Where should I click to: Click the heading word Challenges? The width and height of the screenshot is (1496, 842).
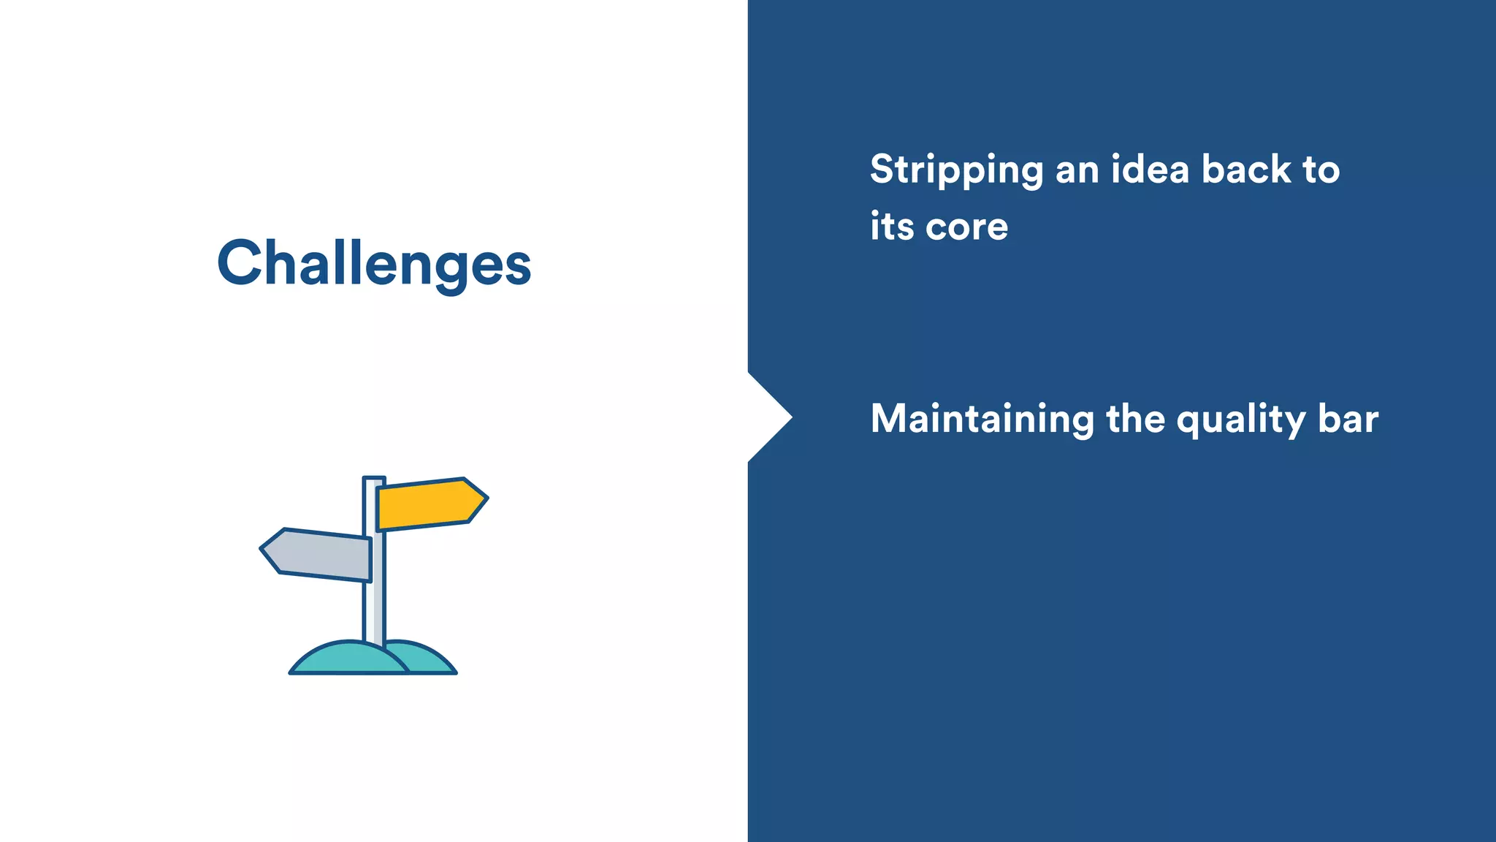(x=374, y=264)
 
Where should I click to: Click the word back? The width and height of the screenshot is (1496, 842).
(x=1246, y=170)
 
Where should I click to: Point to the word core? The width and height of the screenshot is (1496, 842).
(x=967, y=227)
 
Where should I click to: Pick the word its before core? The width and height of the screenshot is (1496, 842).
(x=892, y=226)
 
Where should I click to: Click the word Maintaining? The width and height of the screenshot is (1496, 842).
(x=982, y=420)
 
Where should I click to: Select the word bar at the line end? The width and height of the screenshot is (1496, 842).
(x=1348, y=419)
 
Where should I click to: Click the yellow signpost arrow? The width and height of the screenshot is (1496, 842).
(x=427, y=504)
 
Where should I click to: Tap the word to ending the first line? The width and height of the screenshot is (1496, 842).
(x=1321, y=170)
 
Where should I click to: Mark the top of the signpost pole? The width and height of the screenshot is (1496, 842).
(x=374, y=479)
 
